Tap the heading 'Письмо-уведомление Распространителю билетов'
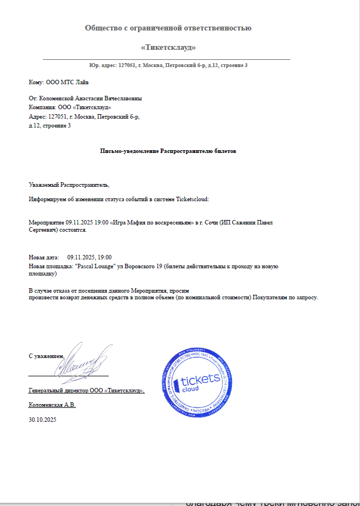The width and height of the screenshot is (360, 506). click(x=168, y=151)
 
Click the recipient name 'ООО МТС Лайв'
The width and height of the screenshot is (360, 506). click(x=63, y=83)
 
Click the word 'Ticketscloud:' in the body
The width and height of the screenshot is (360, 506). click(x=191, y=198)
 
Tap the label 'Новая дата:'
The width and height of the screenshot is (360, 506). click(x=43, y=257)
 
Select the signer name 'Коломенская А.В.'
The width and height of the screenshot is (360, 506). click(x=52, y=405)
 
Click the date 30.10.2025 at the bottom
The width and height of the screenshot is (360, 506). click(x=42, y=420)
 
